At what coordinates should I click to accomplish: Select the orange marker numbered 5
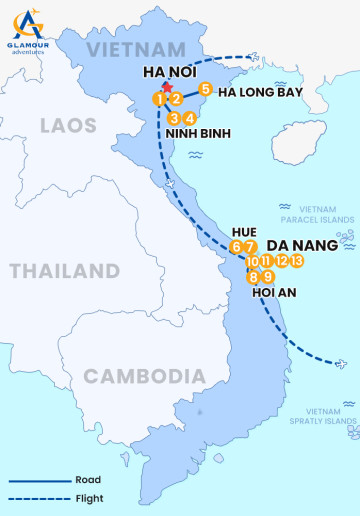(205, 89)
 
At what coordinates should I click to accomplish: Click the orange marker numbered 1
(159, 98)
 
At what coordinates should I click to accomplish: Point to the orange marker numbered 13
(297, 261)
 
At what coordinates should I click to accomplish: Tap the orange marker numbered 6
(236, 247)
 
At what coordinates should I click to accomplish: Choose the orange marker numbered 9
(268, 277)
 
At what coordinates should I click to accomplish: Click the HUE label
(244, 231)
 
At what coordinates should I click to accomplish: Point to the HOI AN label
(275, 295)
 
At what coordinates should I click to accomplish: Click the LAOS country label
(68, 125)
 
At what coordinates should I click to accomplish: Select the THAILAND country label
(64, 271)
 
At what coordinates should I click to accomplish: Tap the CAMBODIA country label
(137, 376)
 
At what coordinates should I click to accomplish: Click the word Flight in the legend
(89, 498)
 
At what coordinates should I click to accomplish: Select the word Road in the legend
(87, 480)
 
